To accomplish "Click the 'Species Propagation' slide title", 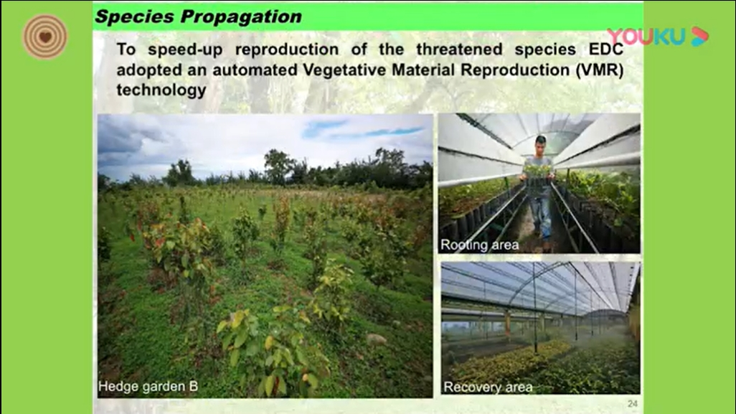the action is coord(198,17).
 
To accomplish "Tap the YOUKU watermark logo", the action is coord(658,37).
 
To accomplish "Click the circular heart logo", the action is coord(45,37).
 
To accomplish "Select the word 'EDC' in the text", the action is coord(606,49).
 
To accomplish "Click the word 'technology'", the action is coord(161,90).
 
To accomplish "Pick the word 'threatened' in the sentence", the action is coord(460,49).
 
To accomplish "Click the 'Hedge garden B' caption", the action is coord(148,386).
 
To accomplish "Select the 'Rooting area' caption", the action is coord(480,245).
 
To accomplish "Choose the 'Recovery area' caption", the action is coord(489,387).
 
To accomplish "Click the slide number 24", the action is coord(632,404).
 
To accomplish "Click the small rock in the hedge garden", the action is coord(377,339).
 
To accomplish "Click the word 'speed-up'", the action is coord(185,50).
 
